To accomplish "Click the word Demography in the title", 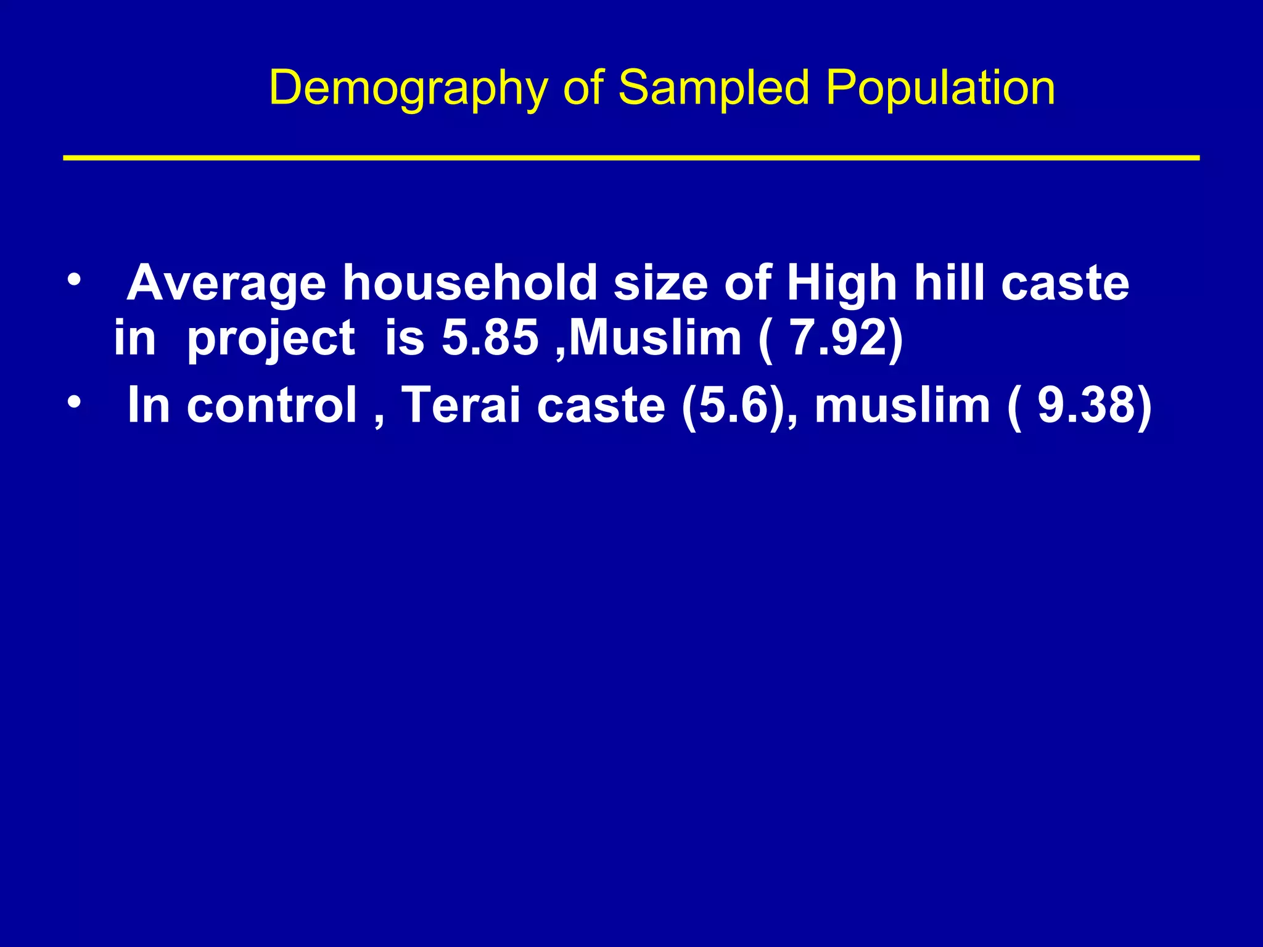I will (x=408, y=89).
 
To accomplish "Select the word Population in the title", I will (x=940, y=89).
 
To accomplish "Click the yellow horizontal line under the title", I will (x=631, y=158).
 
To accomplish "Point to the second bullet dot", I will (x=74, y=403).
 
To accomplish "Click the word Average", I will (x=226, y=284).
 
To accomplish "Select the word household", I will (x=469, y=284).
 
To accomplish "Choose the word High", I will (x=842, y=284).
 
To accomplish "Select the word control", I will (x=272, y=405).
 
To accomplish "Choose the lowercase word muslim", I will (x=902, y=405).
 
